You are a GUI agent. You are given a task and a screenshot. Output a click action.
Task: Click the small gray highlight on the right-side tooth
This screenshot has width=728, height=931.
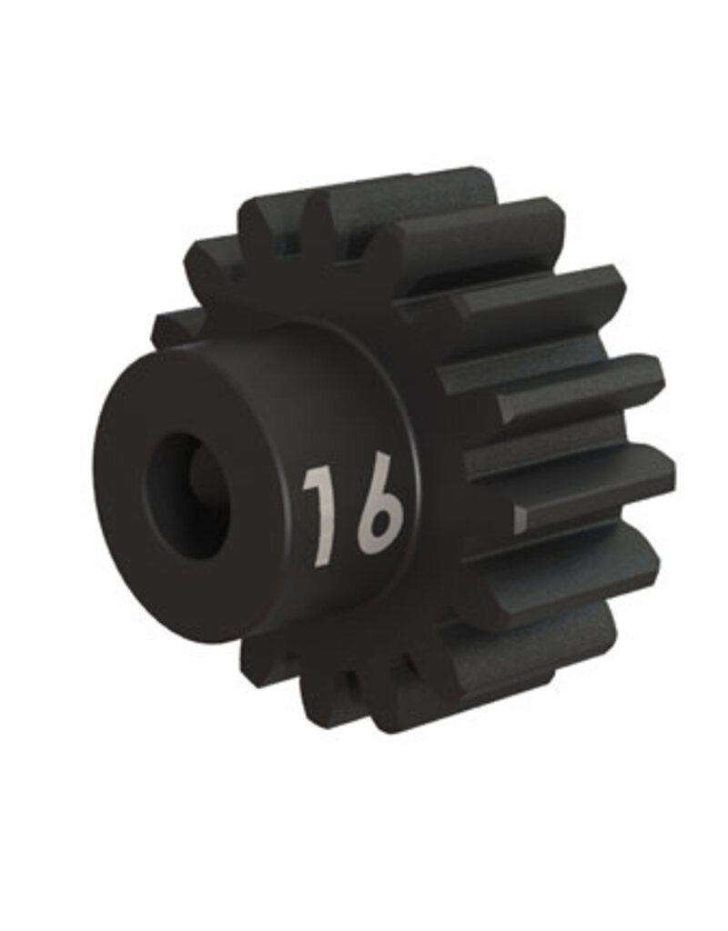[520, 518]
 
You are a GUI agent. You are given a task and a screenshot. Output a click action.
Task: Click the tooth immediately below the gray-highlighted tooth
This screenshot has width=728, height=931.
[582, 564]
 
